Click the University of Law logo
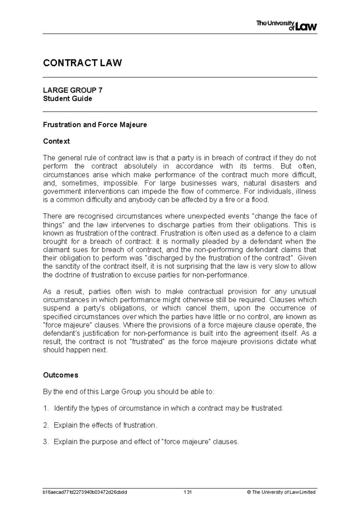click(x=286, y=26)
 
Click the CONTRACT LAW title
click(x=82, y=63)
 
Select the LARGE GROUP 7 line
click(x=73, y=90)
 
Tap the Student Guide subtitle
click(x=67, y=99)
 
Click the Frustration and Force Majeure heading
click(x=95, y=125)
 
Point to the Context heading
click(x=56, y=141)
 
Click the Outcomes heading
click(x=61, y=375)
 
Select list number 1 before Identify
click(x=45, y=408)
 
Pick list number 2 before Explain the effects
click(x=45, y=425)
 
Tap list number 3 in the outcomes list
click(x=45, y=442)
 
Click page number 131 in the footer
click(x=188, y=492)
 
